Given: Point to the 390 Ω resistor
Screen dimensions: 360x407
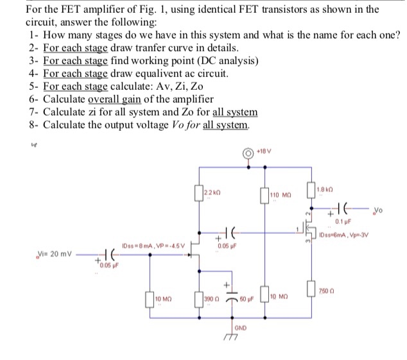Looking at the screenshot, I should (200, 300).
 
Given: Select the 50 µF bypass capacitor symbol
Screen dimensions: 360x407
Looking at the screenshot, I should (226, 301).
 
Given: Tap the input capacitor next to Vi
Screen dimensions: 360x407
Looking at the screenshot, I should (97, 255).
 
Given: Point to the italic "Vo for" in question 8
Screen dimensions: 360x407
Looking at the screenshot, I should (183, 124).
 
